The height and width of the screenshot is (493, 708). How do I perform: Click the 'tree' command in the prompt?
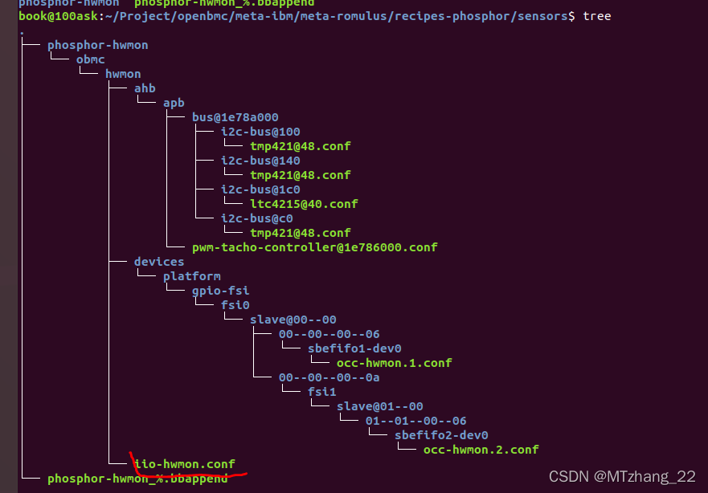pyautogui.click(x=596, y=16)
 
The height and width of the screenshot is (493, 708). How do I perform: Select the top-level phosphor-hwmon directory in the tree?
pyautogui.click(x=97, y=45)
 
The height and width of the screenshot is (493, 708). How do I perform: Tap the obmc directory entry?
pyautogui.click(x=90, y=59)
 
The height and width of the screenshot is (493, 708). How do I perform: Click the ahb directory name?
pyautogui.click(x=145, y=88)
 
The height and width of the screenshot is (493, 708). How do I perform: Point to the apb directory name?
pyautogui.click(x=174, y=103)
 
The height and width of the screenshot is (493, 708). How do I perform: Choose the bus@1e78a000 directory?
pyautogui.click(x=235, y=117)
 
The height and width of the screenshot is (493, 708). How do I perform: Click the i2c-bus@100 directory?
pyautogui.click(x=260, y=132)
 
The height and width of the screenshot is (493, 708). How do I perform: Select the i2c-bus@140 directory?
pyautogui.click(x=260, y=161)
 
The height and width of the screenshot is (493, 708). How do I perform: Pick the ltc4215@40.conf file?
pyautogui.click(x=304, y=204)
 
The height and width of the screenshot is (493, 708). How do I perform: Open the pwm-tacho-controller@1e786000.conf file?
pyautogui.click(x=314, y=247)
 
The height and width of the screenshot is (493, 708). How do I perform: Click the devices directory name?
pyautogui.click(x=159, y=262)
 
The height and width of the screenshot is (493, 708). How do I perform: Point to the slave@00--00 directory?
pyautogui.click(x=293, y=320)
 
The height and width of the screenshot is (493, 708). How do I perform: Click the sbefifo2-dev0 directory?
pyautogui.click(x=440, y=435)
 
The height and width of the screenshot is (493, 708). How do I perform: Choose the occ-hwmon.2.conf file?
pyautogui.click(x=481, y=450)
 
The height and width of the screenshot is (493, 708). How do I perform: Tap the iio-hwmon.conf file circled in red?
pyautogui.click(x=184, y=464)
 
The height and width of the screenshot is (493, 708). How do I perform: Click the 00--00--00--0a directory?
pyautogui.click(x=329, y=377)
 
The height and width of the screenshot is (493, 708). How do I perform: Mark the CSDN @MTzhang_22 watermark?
pyautogui.click(x=622, y=477)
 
